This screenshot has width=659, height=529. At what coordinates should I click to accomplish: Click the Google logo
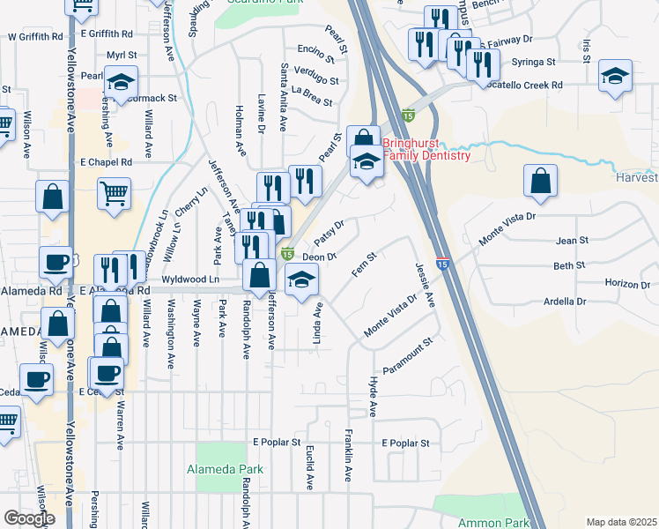click(29, 518)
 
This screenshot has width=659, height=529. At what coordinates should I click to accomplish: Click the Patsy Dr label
click(328, 235)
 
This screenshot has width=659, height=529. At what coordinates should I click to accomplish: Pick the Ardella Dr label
click(566, 302)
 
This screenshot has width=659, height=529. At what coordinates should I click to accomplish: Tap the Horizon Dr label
click(627, 284)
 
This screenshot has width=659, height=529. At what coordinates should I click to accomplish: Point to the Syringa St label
click(537, 63)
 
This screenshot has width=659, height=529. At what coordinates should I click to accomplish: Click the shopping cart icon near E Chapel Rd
click(115, 194)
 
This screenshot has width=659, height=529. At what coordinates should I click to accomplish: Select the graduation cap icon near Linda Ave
click(302, 281)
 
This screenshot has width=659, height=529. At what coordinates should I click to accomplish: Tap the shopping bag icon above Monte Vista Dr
click(540, 181)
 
